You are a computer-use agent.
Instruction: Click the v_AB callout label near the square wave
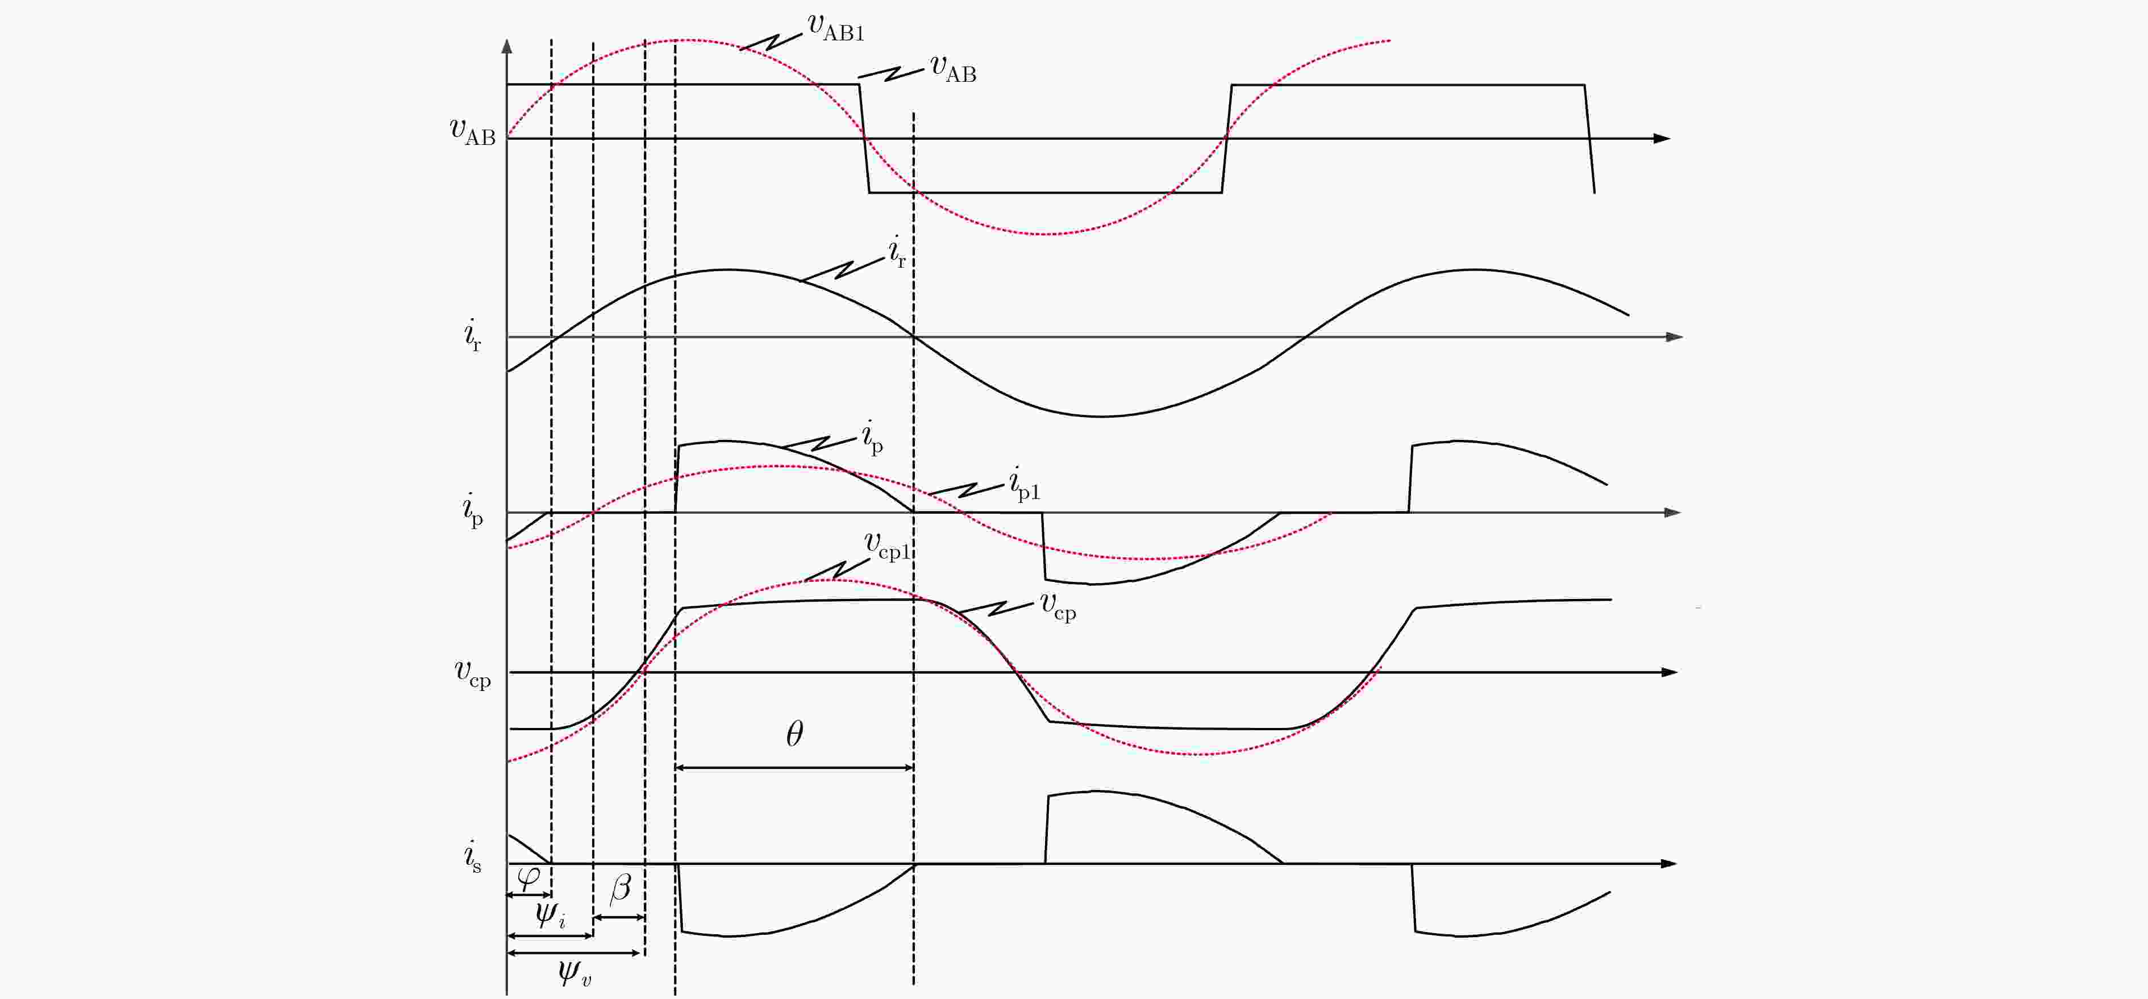point(953,69)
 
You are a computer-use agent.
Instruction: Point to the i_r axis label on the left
point(473,335)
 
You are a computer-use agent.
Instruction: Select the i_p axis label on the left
point(473,510)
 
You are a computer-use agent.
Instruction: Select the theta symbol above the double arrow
point(794,734)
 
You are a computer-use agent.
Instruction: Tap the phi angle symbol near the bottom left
point(528,878)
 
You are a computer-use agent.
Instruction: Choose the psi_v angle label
point(575,972)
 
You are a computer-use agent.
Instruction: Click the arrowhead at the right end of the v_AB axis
point(1662,139)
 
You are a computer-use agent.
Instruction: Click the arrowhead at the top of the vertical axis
point(507,47)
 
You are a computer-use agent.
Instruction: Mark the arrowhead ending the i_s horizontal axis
point(1668,864)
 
